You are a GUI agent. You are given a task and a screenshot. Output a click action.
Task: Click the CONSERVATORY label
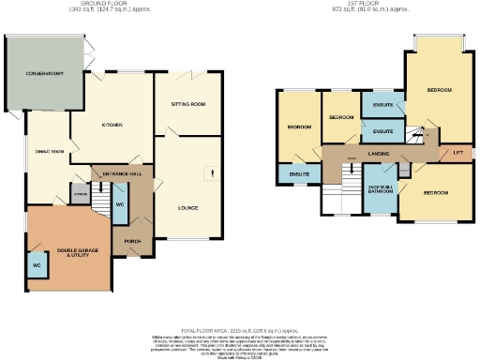(x=44, y=73)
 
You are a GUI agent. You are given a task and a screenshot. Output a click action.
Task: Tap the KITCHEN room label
(x=112, y=124)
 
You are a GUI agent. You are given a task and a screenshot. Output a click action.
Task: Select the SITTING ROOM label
(x=187, y=104)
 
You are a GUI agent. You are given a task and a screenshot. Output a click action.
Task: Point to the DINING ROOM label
(x=48, y=151)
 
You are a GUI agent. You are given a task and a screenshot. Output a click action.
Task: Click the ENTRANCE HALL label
(x=116, y=173)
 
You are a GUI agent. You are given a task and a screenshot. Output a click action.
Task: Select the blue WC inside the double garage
(x=37, y=265)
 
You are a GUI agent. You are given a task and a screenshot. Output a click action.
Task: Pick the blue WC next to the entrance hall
(x=120, y=203)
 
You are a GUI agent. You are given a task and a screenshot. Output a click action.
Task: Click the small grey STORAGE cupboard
(x=80, y=195)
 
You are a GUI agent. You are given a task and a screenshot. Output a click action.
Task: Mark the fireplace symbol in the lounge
(x=215, y=174)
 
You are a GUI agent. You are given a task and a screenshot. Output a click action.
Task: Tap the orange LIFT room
(x=458, y=152)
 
